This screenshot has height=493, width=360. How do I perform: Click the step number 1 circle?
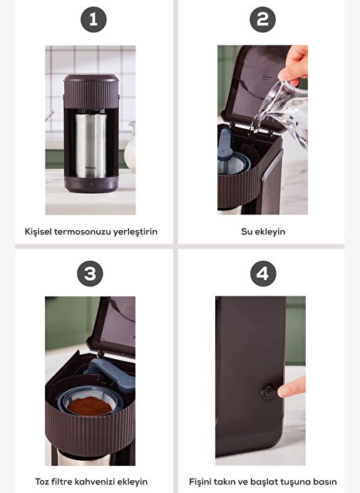(x=93, y=19)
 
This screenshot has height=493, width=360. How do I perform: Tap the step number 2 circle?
(x=263, y=19)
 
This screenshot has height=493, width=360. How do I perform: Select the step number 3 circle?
(x=90, y=274)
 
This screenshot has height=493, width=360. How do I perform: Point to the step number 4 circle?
(x=263, y=274)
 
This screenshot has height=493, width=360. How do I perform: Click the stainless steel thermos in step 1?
(x=91, y=145)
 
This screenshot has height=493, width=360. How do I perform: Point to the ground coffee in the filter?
(x=90, y=405)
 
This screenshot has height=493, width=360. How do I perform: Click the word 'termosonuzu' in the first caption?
(x=83, y=232)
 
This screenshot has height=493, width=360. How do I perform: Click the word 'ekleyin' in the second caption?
(x=269, y=232)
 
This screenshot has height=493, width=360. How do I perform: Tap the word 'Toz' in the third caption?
(x=41, y=482)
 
